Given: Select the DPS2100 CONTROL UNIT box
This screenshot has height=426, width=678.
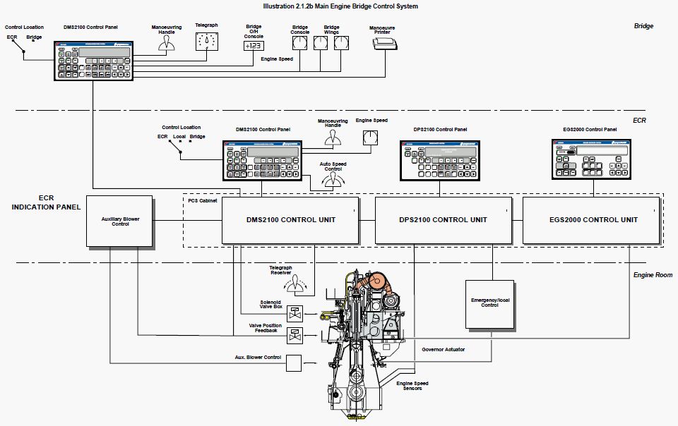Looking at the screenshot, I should coord(441,220).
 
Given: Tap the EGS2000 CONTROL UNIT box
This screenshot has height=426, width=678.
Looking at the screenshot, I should coord(593,220).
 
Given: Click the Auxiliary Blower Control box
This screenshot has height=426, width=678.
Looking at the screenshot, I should coord(120,221).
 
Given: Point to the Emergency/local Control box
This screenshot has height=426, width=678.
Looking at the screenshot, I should coord(489,304).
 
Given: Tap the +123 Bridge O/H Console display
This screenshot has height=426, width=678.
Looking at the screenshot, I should coord(253,46).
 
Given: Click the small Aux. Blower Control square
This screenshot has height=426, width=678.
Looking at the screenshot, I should coord(292,362).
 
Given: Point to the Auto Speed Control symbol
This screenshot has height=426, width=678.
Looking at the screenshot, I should coord(328,183).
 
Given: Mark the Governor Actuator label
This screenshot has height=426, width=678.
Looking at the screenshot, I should coord(444,349).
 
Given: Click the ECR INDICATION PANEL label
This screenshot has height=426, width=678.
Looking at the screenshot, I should coord(46,202).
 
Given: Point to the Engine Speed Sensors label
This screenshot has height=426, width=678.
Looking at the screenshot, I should coord(413,386).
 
